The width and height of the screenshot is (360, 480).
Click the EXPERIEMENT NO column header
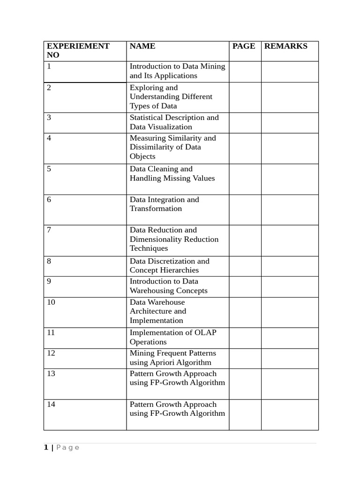tap(78, 50)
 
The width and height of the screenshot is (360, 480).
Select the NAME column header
tap(142, 46)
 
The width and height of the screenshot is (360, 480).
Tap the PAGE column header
tap(244, 46)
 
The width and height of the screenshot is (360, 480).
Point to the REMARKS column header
tap(286, 46)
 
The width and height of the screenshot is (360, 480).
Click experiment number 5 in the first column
tap(49, 169)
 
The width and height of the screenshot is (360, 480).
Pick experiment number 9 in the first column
tap(49, 281)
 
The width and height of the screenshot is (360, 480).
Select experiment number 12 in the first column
tap(51, 353)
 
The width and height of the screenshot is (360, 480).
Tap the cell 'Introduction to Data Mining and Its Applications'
tap(177, 71)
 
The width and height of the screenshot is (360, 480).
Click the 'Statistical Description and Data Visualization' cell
tap(174, 122)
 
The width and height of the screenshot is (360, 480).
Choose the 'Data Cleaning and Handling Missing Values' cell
tap(172, 173)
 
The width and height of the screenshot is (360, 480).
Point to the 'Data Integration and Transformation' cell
tap(164, 204)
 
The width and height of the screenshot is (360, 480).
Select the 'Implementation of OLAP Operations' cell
tap(173, 337)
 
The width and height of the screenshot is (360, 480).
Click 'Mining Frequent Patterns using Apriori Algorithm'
tap(172, 358)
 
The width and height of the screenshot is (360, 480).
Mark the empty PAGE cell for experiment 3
tap(245, 122)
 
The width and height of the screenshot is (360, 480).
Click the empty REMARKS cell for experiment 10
tap(290, 312)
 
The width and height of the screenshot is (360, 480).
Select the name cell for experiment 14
tap(177, 409)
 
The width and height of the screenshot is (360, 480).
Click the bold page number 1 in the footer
tap(46, 448)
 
